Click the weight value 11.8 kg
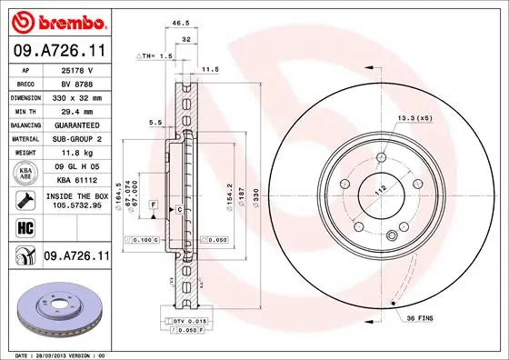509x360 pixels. (x=77, y=154)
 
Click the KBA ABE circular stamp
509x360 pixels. (x=25, y=173)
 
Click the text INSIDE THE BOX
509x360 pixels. (x=77, y=195)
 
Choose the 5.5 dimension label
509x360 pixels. (x=155, y=122)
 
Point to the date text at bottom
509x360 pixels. (x=55, y=353)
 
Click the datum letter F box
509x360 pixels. (x=155, y=203)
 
